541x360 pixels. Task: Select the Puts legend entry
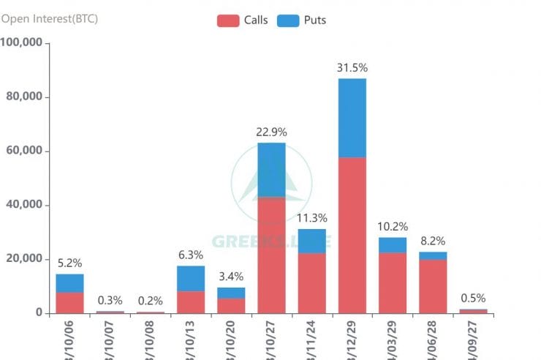point(303,20)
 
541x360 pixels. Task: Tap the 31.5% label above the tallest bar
point(352,68)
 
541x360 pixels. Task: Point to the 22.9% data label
point(271,132)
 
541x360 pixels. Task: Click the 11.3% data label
point(312,218)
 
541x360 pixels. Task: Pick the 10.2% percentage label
point(393,227)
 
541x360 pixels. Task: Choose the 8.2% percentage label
point(433,241)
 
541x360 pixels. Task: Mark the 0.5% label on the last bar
point(473,299)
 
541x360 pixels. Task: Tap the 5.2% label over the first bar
point(69,263)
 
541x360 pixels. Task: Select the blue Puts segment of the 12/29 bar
point(352,118)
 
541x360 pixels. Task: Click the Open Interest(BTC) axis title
point(50,18)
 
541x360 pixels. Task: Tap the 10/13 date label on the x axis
point(190,339)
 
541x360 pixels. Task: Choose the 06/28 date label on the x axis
point(432,339)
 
